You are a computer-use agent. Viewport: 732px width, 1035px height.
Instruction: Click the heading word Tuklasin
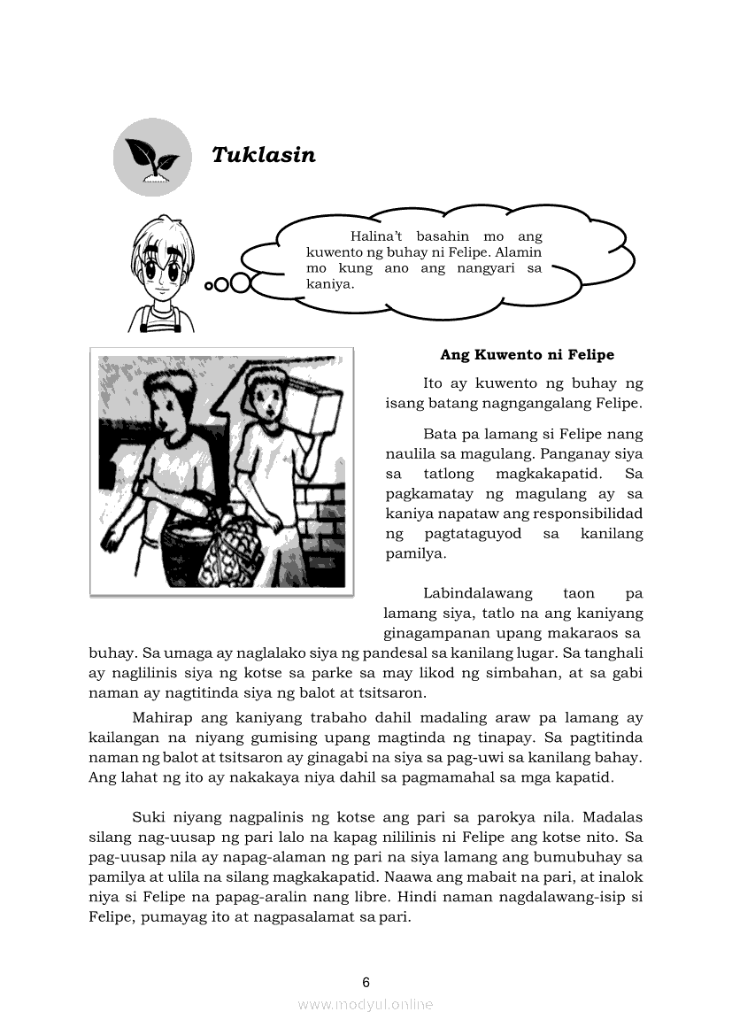(x=264, y=155)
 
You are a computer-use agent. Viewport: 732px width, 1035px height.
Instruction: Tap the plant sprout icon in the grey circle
(x=152, y=157)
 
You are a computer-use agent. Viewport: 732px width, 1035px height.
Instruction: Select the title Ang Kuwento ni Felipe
(x=527, y=355)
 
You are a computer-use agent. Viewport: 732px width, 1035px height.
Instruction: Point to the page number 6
(x=366, y=982)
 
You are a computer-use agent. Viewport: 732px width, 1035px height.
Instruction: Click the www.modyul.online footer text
(x=366, y=1004)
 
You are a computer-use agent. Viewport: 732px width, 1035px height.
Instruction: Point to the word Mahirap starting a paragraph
(x=159, y=718)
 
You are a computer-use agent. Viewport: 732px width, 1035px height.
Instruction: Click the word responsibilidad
(x=574, y=514)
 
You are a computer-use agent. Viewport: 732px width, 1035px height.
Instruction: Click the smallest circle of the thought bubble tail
(x=210, y=285)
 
